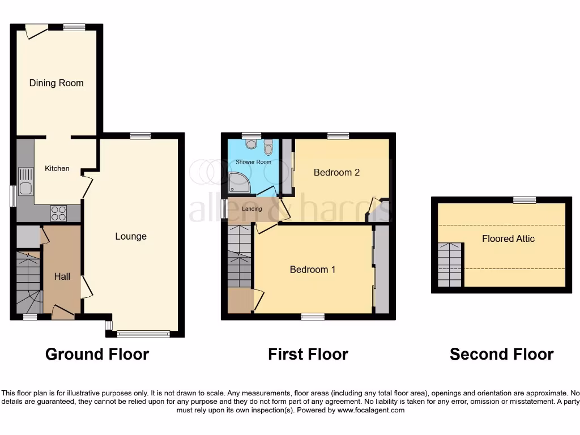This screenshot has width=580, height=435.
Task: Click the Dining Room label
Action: point(56,83)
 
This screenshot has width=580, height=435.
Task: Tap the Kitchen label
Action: point(57,168)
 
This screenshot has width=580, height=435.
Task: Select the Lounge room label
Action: point(131,236)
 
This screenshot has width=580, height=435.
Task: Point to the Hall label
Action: point(62,276)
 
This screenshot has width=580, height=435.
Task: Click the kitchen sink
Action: point(25,181)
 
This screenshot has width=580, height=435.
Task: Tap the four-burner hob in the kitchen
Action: point(59,213)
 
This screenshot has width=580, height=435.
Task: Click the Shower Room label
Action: point(253,162)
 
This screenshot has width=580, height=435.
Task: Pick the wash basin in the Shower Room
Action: point(251,145)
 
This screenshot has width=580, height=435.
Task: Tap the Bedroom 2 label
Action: point(336,172)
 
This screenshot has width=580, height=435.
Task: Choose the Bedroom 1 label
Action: point(313,270)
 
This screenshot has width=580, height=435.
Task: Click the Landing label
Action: point(252,209)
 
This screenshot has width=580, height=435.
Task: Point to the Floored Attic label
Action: point(508,238)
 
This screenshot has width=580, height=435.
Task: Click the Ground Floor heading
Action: point(97,355)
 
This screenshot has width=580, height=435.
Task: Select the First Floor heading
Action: point(308,355)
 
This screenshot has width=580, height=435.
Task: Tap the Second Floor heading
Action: point(501,355)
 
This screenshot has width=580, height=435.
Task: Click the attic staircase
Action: point(451,265)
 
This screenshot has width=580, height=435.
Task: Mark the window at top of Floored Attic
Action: point(524,199)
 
